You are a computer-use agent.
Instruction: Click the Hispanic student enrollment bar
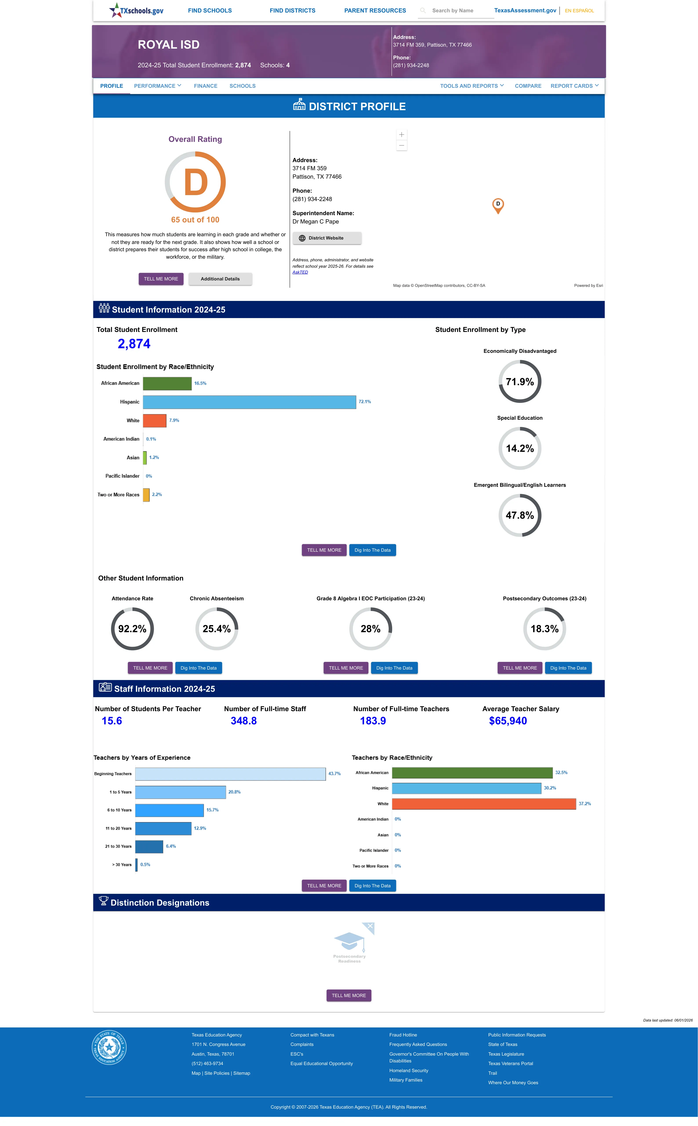tap(249, 402)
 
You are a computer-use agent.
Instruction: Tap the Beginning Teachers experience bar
tap(230, 774)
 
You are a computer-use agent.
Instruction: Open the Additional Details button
tap(220, 279)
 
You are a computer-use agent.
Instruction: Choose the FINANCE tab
tap(205, 86)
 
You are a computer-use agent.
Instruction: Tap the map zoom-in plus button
tap(402, 134)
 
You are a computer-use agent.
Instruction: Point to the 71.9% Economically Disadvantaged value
tap(520, 382)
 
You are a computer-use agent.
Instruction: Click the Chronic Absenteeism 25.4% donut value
tap(216, 629)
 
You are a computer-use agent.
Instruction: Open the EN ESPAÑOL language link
tap(579, 11)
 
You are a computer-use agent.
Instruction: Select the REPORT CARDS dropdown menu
tap(574, 86)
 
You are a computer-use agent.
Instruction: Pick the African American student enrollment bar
tap(167, 383)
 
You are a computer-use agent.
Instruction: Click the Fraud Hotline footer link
tap(403, 1035)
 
